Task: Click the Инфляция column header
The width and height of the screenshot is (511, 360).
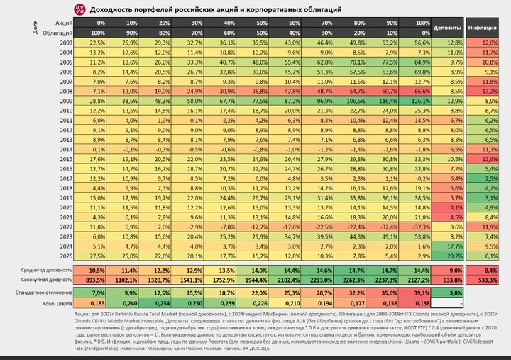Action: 482,28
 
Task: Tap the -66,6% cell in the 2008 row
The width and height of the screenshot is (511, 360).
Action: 419,91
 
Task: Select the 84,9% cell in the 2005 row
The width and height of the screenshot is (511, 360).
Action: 419,62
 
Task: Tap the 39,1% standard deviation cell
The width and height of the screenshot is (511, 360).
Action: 419,292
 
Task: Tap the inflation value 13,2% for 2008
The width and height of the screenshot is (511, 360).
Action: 485,91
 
